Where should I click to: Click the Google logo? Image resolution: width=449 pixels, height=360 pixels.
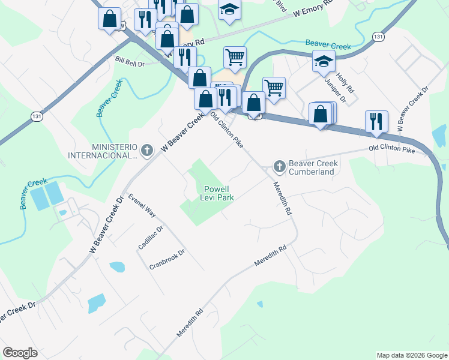pos(20,353)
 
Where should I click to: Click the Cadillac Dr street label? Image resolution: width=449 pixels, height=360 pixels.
pos(151,238)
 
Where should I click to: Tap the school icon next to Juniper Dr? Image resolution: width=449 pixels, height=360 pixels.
pos(324,61)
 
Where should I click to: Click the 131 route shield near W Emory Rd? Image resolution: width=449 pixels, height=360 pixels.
pos(377,37)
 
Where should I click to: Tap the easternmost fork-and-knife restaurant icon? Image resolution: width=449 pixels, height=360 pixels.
pos(376,121)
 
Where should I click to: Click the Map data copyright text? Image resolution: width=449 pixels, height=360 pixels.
pos(411,355)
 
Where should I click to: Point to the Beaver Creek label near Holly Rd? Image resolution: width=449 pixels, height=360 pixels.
pos(328,43)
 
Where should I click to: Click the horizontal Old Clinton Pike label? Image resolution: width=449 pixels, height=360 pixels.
pos(391,148)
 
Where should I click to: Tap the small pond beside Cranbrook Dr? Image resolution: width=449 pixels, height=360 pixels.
pos(118,266)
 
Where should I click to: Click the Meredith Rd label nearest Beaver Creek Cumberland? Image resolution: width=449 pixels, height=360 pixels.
pos(282,199)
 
